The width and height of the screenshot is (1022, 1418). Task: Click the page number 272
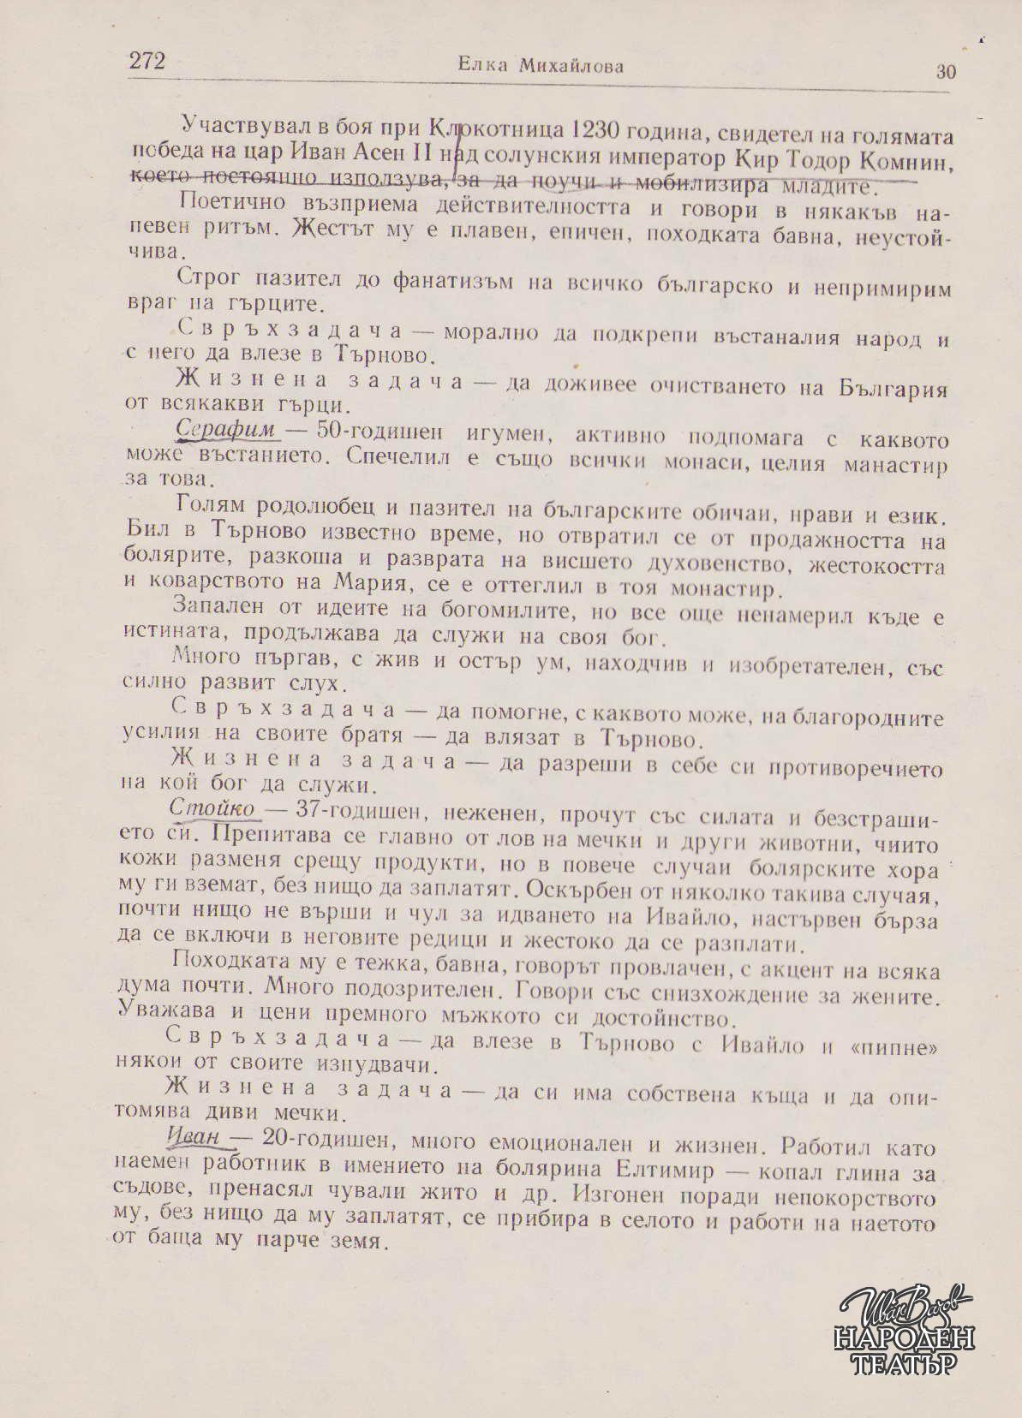tap(146, 61)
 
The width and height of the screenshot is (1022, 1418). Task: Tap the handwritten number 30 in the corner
tap(946, 72)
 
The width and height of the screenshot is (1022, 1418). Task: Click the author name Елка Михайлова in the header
tap(541, 65)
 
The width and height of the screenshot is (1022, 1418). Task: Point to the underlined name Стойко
tap(212, 807)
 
